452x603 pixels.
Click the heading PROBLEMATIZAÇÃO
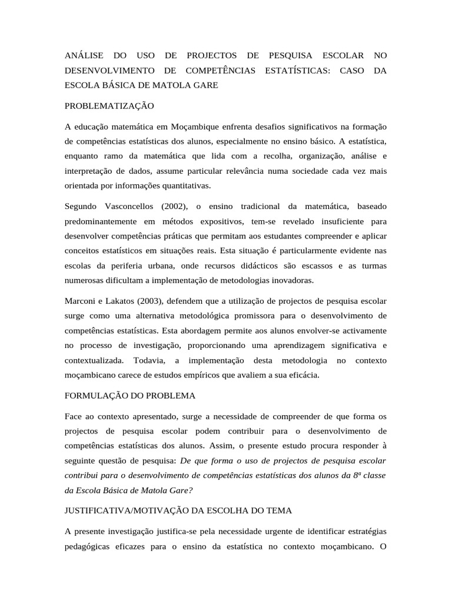[x=109, y=106]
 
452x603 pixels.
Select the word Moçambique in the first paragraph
[x=196, y=127]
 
